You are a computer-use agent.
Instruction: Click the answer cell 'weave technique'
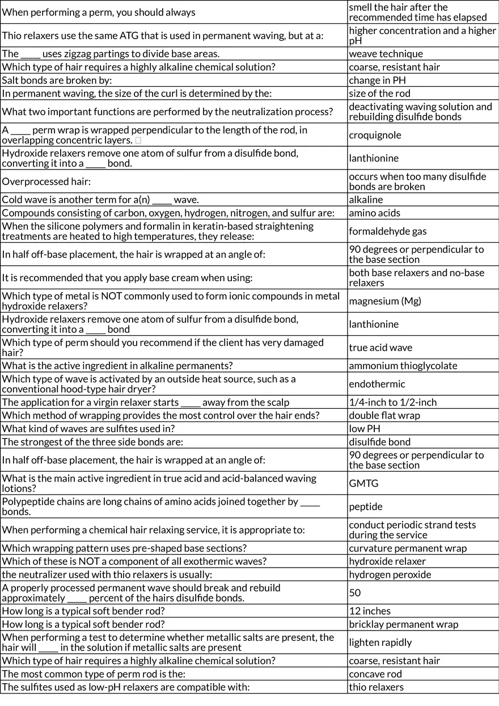[x=386, y=54]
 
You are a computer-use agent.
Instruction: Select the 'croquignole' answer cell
[x=375, y=135]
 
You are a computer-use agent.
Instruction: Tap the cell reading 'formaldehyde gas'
[x=388, y=231]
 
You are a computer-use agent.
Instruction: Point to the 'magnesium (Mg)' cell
[x=385, y=301]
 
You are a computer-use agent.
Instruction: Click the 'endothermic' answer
[x=377, y=384]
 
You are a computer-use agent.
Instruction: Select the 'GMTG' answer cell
[x=363, y=483]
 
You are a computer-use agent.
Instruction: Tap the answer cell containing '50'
[x=355, y=593]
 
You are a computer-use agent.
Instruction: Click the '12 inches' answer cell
[x=370, y=611]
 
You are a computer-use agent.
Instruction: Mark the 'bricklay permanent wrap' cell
[x=403, y=624]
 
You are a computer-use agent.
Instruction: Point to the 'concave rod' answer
[x=375, y=674]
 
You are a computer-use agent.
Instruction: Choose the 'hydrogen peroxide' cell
[x=390, y=574]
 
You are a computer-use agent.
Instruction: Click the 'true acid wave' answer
[x=380, y=348]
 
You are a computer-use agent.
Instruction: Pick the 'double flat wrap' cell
[x=384, y=416]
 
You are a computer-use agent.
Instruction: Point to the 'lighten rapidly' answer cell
[x=380, y=642]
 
